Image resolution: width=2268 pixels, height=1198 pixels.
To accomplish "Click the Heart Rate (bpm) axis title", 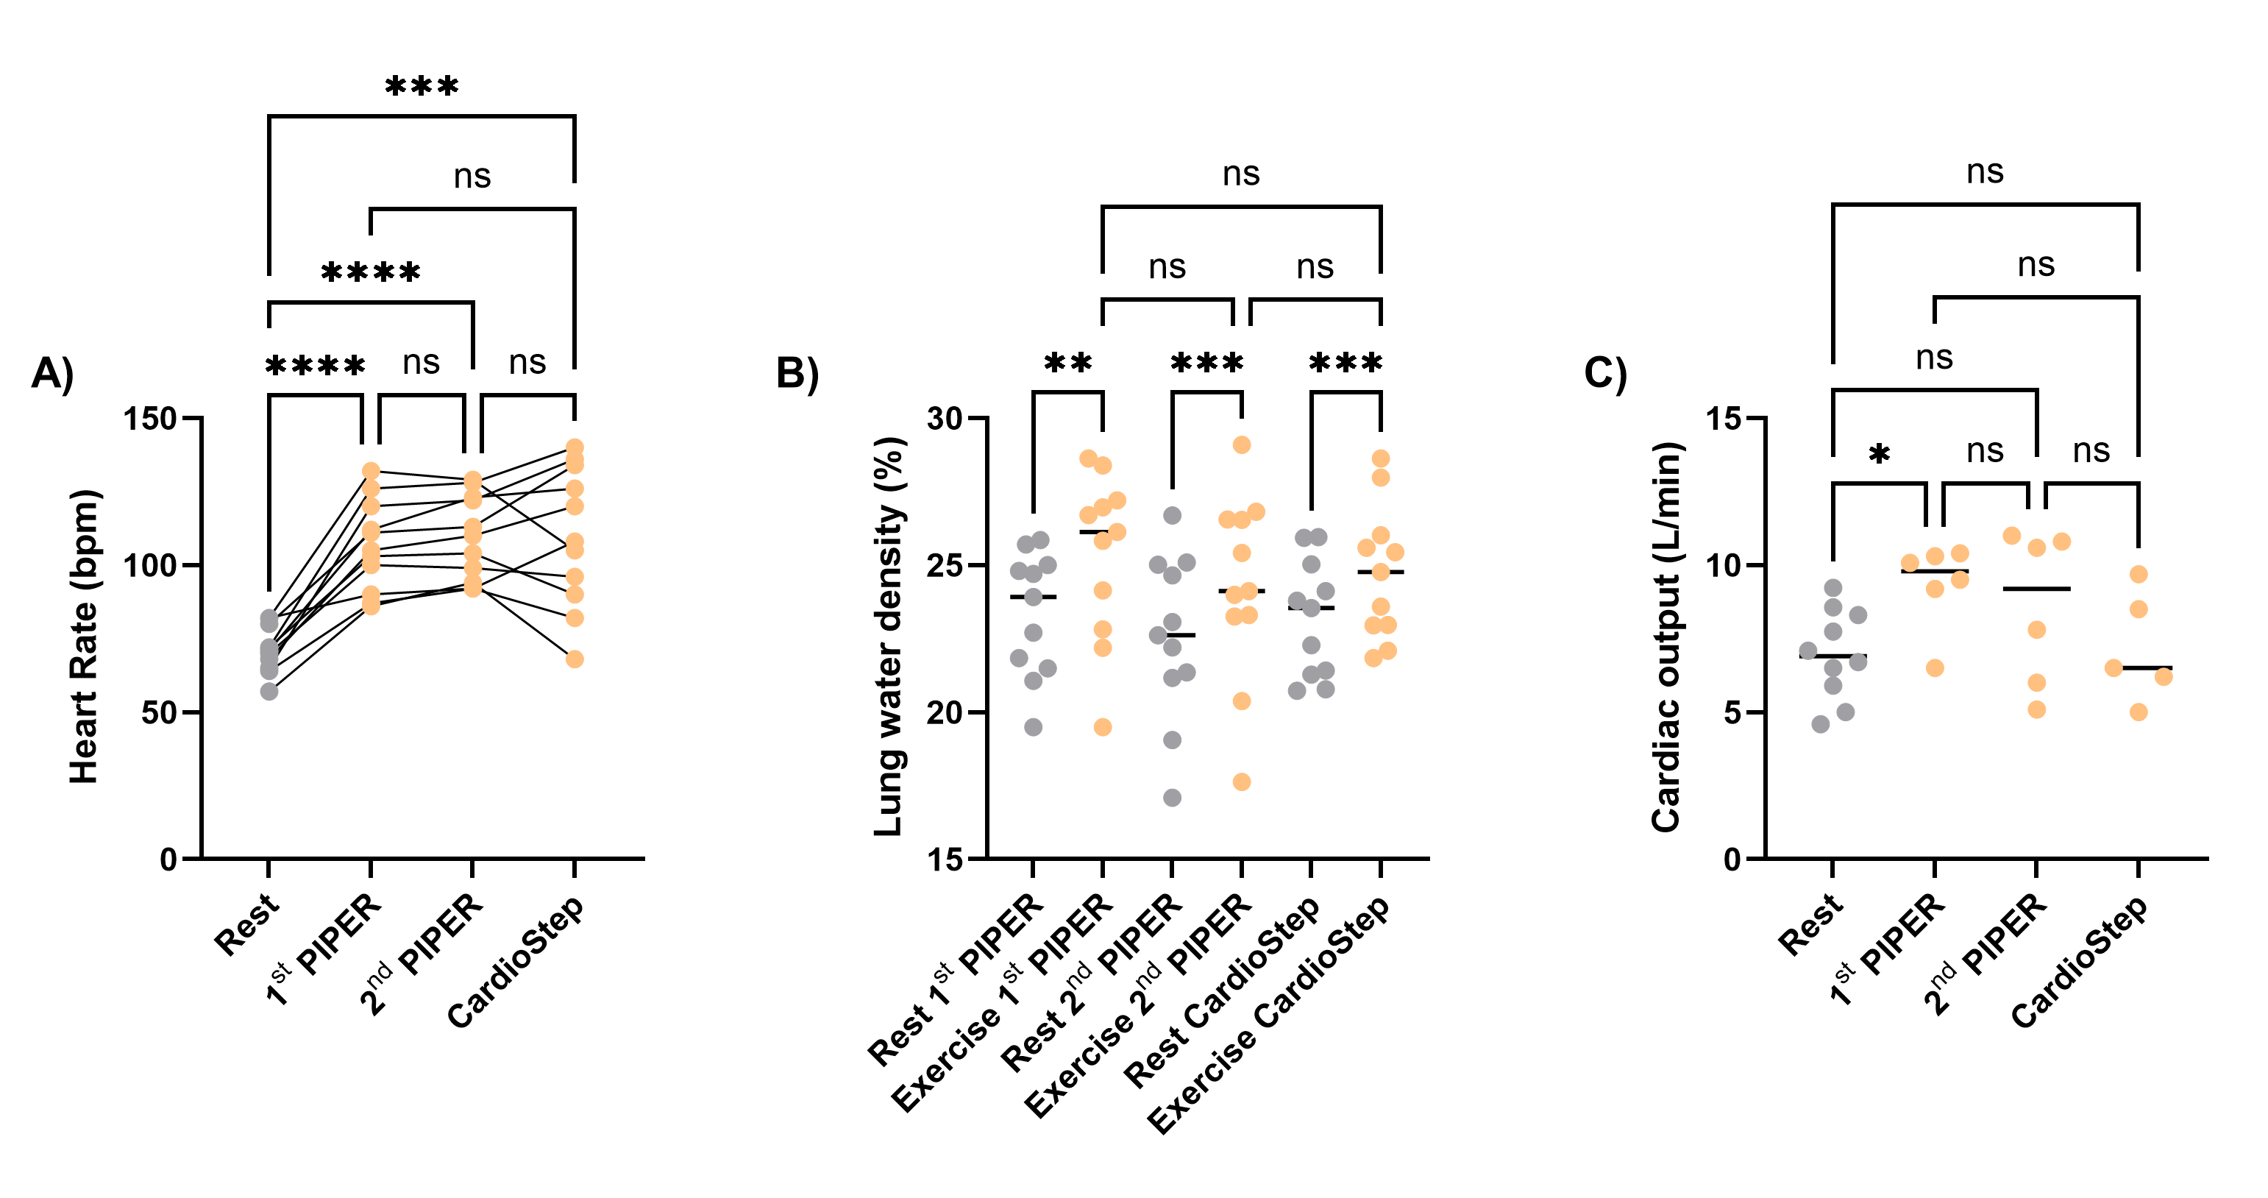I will (85, 636).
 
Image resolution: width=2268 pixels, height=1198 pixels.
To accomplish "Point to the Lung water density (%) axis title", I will (889, 636).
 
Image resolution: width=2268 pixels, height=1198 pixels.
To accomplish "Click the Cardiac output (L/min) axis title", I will (1667, 636).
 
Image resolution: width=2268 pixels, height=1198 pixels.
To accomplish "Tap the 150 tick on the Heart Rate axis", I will (149, 419).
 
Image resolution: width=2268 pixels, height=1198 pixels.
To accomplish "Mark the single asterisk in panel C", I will (1879, 456).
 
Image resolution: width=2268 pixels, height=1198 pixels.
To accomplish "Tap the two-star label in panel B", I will (1067, 363).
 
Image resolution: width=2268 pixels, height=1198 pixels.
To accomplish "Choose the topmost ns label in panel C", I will (1985, 171).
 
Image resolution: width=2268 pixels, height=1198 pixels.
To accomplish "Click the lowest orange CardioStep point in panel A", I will (574, 659).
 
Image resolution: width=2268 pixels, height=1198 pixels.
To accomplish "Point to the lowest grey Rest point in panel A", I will (269, 692).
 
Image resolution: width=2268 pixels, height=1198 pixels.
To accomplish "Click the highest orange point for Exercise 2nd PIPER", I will (1242, 445).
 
